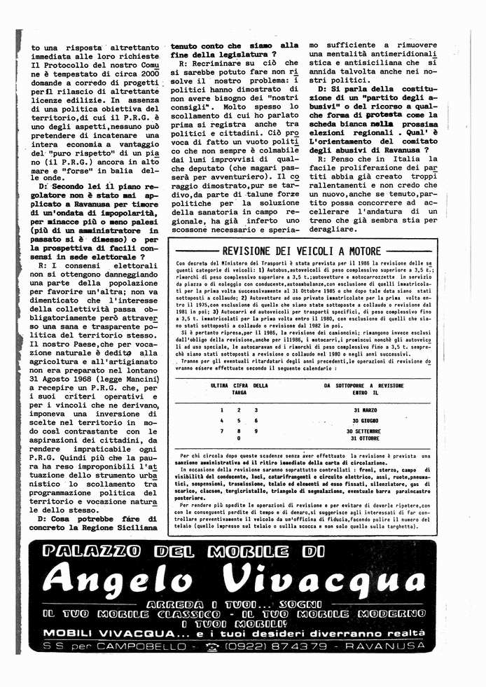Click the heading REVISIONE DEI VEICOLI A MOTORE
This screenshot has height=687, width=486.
point(301,251)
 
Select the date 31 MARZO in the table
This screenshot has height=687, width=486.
point(366,410)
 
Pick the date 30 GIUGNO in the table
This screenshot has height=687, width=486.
point(366,420)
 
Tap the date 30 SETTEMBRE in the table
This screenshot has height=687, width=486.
point(364,431)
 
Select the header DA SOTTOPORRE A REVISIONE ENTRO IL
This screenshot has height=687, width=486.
point(363,389)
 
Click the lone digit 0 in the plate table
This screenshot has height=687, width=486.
point(239,439)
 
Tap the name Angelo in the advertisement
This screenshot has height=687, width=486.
point(119,579)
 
